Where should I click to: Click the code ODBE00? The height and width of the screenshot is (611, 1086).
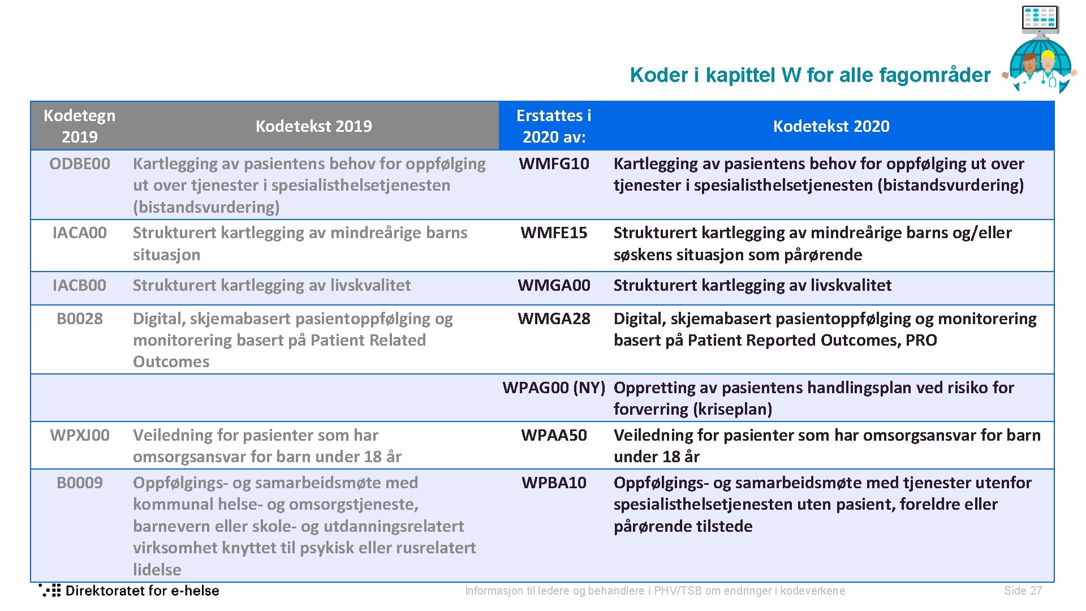tap(80, 163)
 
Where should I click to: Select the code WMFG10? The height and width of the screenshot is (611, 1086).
tap(554, 163)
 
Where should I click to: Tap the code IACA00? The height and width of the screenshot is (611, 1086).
tap(80, 233)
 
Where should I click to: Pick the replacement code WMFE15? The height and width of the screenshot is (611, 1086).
tap(554, 233)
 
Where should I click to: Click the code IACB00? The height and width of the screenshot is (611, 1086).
tap(80, 285)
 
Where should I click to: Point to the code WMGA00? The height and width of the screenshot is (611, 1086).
tap(554, 285)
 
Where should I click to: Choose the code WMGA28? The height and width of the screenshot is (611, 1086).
tap(554, 319)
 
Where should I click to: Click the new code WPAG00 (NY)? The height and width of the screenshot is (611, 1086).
tap(554, 388)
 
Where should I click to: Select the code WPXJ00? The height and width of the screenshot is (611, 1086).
tap(80, 435)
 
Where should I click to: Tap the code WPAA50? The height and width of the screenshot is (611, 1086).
tap(554, 435)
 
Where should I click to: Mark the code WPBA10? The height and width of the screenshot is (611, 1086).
tap(554, 483)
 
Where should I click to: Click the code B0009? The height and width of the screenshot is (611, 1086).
tap(80, 483)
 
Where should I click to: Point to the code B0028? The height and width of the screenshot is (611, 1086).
tap(80, 319)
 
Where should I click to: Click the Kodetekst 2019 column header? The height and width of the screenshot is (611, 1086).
tap(313, 126)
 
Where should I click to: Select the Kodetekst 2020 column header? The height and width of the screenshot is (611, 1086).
tap(831, 126)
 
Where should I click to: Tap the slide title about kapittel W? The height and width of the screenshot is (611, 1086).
tap(810, 75)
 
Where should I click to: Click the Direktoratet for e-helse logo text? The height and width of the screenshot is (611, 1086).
tap(142, 591)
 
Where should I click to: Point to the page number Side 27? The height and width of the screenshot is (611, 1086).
tap(1023, 591)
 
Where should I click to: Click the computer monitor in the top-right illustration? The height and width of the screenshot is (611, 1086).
tap(1040, 18)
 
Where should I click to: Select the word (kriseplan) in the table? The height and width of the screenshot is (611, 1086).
tap(732, 409)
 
